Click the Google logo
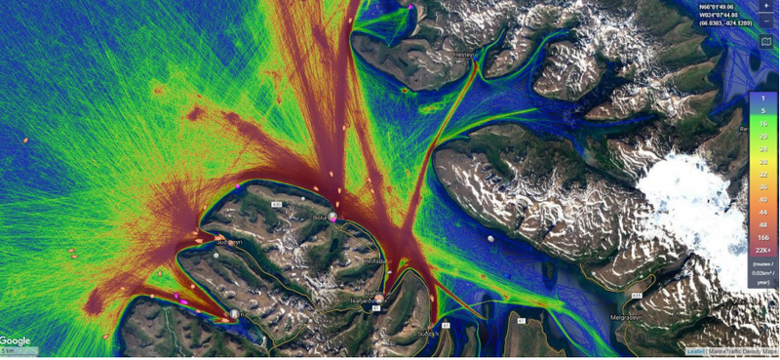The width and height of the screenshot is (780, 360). pyautogui.click(x=16, y=340)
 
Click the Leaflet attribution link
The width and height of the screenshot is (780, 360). pyautogui.click(x=695, y=351)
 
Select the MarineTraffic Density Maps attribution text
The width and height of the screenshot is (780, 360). pyautogui.click(x=742, y=351)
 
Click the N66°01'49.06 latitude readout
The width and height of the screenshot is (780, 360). pyautogui.click(x=721, y=7)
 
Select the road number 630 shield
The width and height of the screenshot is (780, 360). pyautogui.click(x=276, y=204)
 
